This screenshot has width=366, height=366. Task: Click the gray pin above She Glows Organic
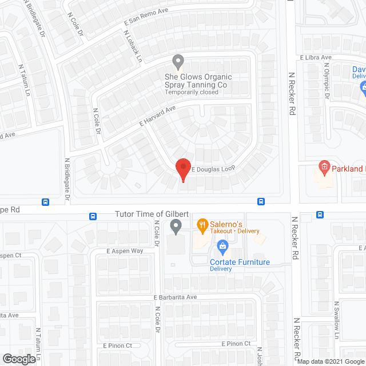pyautogui.click(x=178, y=61)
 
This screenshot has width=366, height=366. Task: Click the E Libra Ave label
pyautogui.click(x=316, y=58)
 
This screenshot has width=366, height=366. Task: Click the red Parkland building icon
pyautogui.click(x=324, y=168)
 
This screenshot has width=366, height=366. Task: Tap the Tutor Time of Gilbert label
pyautogui.click(x=152, y=213)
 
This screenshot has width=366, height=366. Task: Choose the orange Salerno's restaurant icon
pyautogui.click(x=202, y=225)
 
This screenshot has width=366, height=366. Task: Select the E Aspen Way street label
pyautogui.click(x=124, y=251)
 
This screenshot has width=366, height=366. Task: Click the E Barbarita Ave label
pyautogui.click(x=175, y=297)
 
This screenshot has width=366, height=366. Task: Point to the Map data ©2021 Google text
pyautogui.click(x=330, y=361)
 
